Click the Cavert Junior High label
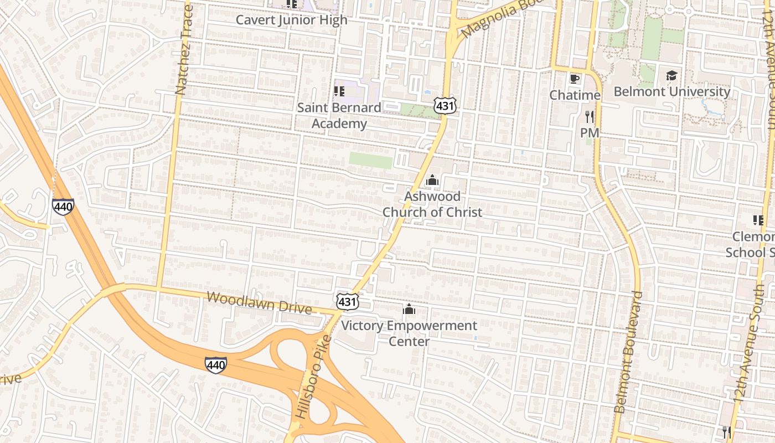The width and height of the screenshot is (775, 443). click(292, 20)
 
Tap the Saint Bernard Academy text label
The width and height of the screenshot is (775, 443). click(339, 115)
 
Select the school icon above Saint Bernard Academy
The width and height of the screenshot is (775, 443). click(339, 91)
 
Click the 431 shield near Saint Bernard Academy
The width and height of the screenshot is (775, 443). click(445, 105)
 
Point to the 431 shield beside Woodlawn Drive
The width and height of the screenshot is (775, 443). click(347, 301)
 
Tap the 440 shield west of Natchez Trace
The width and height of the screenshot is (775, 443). click(63, 207)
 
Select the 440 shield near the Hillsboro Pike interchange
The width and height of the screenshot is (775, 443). click(215, 364)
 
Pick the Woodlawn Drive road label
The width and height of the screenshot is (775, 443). click(259, 303)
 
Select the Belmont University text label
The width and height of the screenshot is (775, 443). click(671, 91)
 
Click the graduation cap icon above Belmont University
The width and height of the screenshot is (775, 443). click(671, 75)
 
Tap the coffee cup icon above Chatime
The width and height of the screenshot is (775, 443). click(575, 79)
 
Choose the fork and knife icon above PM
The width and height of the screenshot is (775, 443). click(590, 116)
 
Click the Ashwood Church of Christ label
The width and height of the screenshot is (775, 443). click(432, 204)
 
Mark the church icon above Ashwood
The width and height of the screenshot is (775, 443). click(432, 180)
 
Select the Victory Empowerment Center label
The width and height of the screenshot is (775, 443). click(409, 333)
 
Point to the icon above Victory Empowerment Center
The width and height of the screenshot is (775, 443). click(409, 309)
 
